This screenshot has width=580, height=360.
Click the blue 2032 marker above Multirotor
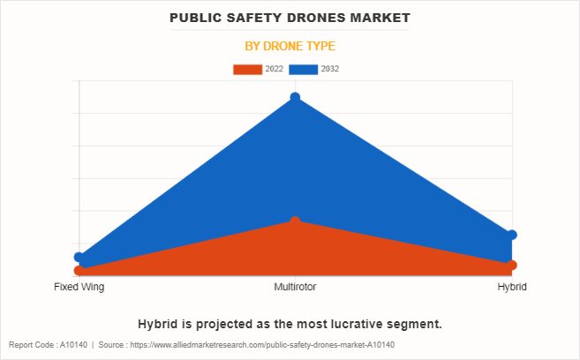[295, 97]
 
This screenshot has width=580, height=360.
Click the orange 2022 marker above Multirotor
[295, 221]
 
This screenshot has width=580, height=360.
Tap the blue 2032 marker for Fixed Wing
[79, 257]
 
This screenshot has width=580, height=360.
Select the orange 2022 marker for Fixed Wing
[79, 271]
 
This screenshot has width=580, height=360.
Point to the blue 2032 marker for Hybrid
[512, 235]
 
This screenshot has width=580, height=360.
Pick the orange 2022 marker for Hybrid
[512, 265]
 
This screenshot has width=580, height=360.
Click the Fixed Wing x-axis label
[79, 287]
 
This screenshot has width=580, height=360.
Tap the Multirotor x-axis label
[295, 287]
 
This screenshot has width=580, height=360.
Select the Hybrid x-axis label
[512, 287]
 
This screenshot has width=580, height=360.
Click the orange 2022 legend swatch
[247, 69]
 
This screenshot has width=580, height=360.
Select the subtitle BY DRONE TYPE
[290, 46]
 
